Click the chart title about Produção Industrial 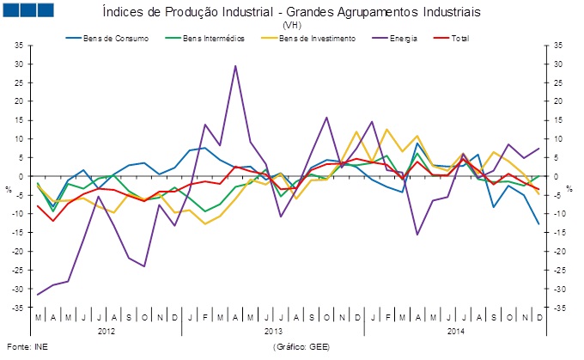[291, 13]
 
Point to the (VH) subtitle [291, 26]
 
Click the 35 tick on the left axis [19, 45]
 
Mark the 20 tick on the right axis [557, 101]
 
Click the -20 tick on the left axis [18, 251]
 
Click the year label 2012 [106, 331]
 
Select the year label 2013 [274, 331]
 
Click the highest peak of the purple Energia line [235, 65]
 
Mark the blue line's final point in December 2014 [538, 224]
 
